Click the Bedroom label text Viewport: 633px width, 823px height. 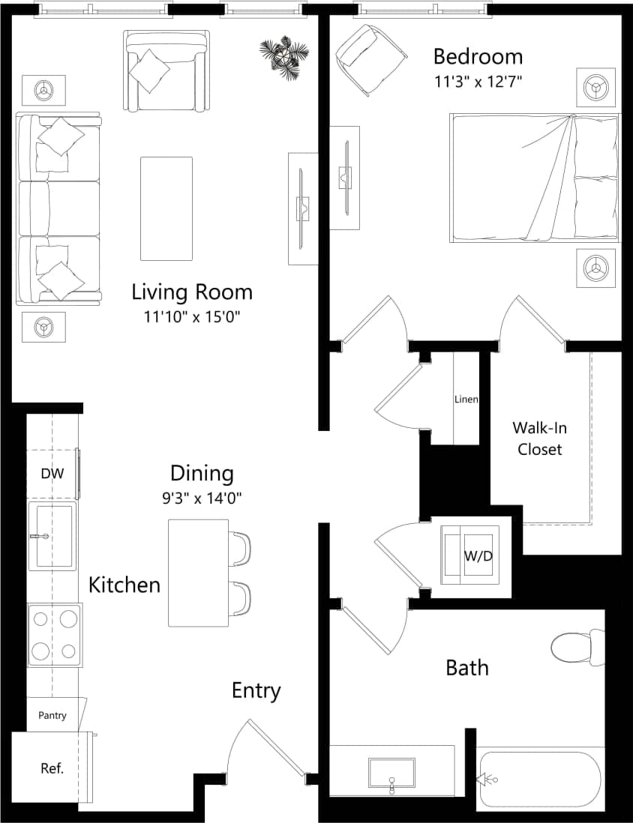coord(478,57)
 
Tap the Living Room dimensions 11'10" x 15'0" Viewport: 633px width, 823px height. coord(196,317)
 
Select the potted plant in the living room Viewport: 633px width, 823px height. coord(283,55)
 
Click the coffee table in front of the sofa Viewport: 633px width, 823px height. coord(166,208)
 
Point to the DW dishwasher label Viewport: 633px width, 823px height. coord(51,474)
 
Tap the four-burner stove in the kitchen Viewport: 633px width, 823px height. coord(55,634)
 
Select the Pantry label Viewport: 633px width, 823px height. coord(52,715)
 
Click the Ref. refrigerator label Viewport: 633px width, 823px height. coord(52,768)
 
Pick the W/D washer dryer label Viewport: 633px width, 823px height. coord(478,555)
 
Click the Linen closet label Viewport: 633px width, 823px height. coord(466,400)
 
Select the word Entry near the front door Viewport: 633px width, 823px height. coord(256,690)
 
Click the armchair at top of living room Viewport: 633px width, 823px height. coord(166,70)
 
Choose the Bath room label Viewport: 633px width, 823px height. coord(467,667)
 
